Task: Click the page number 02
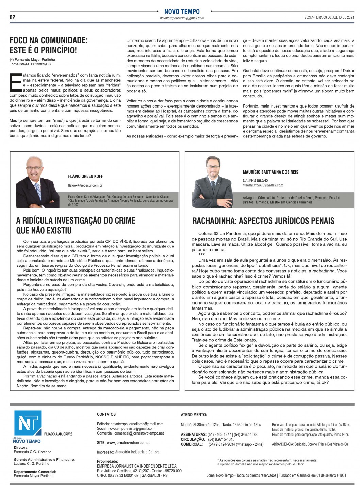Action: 12,17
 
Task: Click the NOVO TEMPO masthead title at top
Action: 182,12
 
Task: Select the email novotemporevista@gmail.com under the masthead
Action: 182,18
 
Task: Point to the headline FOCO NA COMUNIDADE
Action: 49,40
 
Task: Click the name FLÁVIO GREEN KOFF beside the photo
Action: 85,176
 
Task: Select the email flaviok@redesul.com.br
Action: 85,185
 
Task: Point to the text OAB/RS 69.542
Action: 255,180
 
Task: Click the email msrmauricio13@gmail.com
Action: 263,185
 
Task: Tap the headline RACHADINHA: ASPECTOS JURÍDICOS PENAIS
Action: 263,221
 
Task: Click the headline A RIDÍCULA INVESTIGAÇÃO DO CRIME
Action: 76,220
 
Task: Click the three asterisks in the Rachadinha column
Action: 201,255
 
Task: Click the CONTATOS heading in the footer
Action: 106,414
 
